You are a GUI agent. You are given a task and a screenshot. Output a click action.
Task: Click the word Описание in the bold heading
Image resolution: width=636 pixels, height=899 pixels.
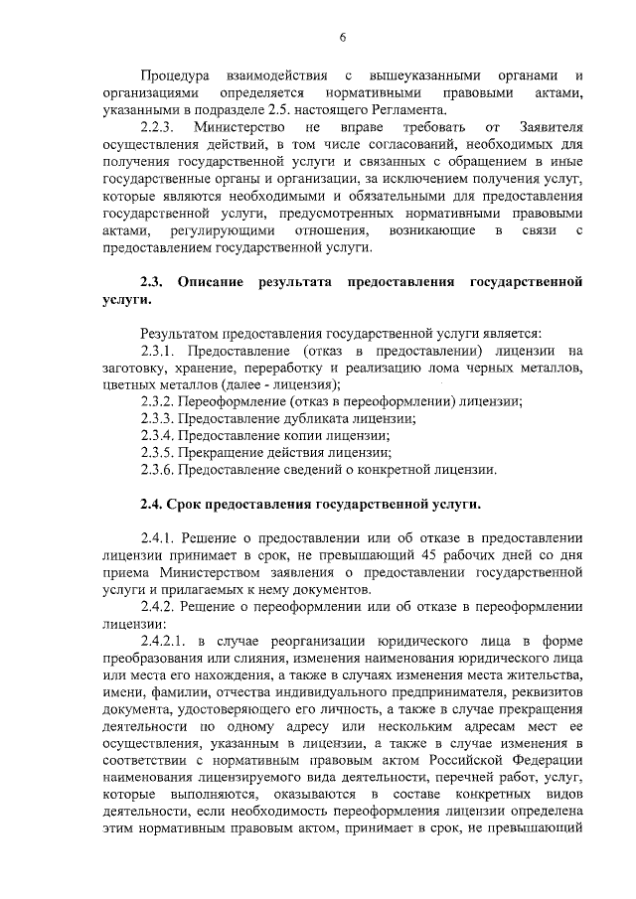pos(211,281)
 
